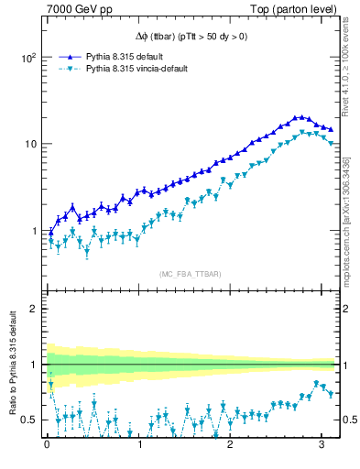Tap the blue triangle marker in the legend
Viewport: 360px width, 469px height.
click(x=71, y=56)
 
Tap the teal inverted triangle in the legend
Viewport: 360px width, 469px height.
click(x=71, y=69)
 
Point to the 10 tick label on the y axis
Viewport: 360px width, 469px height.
click(x=29, y=144)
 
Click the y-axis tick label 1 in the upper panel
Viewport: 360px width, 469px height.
click(x=33, y=231)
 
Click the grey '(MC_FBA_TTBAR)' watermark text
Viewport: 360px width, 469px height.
click(x=189, y=273)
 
